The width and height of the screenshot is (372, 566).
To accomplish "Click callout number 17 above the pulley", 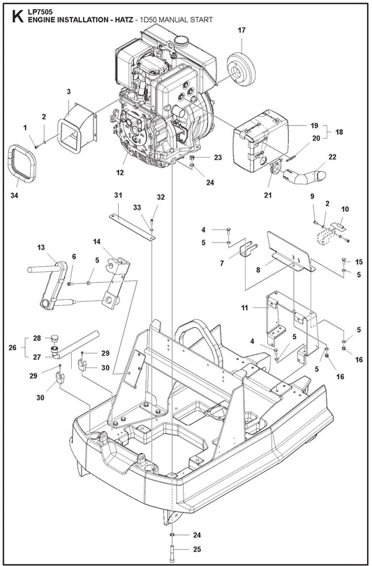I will click(x=241, y=31).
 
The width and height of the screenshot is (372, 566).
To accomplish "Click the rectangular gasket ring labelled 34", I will click(x=22, y=162).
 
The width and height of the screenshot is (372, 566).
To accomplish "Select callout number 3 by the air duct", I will click(x=68, y=92).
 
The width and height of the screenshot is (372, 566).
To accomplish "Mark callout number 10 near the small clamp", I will click(x=344, y=209).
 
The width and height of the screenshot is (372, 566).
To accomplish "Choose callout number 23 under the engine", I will click(x=218, y=158).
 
